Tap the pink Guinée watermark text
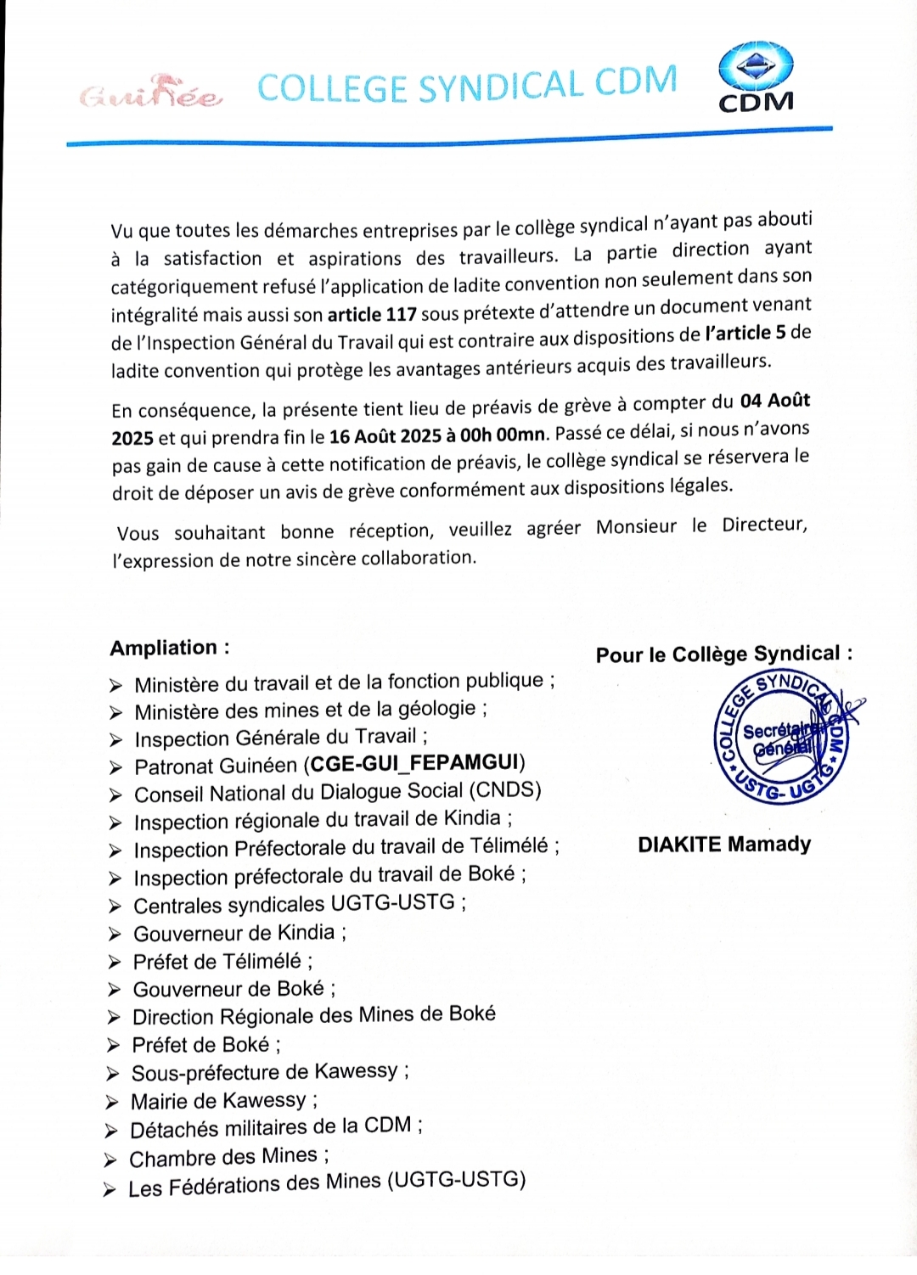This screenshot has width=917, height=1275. pos(151,96)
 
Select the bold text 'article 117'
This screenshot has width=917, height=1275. pos(372,314)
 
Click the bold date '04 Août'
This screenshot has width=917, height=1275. pos(775,401)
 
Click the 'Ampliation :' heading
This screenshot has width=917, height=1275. pos(170,648)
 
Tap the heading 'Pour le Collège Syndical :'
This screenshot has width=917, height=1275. pos(724,654)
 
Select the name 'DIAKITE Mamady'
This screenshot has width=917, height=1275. pos(724,845)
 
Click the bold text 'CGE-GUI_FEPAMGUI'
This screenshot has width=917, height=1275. pos(415,763)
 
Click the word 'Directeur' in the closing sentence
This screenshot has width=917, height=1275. pos(763,525)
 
